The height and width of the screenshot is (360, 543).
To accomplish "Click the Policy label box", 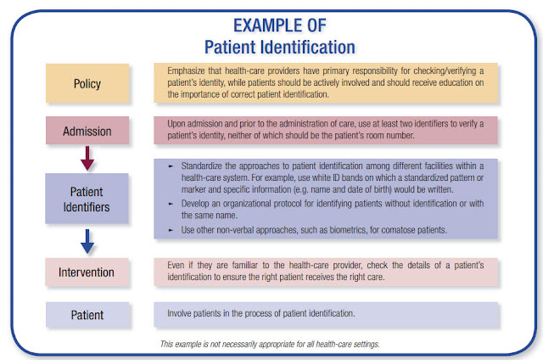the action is point(87,83).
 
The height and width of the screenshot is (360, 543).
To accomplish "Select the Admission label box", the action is point(87,131).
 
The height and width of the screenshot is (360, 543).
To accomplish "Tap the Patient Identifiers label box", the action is point(87,199).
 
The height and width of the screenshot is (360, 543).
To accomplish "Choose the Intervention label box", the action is point(87,272).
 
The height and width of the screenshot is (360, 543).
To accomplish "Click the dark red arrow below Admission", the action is point(87,158).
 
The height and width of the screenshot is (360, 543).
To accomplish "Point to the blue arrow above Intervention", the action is point(87,241).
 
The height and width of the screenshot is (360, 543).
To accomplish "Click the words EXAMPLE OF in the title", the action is point(280,25).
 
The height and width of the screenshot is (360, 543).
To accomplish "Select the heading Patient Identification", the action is point(280,47).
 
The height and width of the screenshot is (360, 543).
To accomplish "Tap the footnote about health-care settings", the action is point(270,344).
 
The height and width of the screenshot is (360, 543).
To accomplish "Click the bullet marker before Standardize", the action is point(171,166).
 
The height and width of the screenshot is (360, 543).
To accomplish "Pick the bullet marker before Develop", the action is point(171,204).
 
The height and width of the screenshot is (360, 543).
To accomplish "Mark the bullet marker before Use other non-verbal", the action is point(171,230).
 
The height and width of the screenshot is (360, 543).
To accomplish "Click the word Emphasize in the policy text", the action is point(186,71).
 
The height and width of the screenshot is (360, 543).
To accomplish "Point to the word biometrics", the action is point(348,230).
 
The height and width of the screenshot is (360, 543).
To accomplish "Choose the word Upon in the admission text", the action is point(176,124).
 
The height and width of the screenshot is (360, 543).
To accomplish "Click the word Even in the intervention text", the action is point(176,266).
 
